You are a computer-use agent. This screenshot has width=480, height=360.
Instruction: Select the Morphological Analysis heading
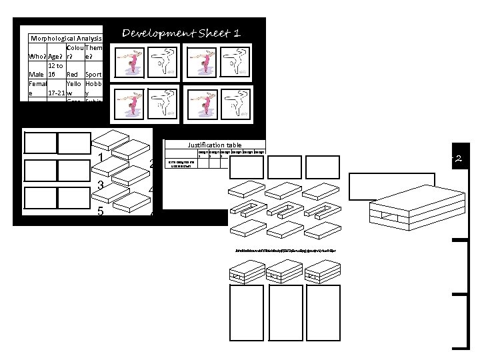(65, 39)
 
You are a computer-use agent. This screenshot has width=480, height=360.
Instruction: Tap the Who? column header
(37, 57)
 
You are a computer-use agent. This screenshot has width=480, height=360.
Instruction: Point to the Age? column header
(56, 57)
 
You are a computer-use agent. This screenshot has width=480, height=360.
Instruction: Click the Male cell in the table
(36, 75)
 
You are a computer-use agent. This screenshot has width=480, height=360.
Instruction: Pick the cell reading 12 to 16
(56, 70)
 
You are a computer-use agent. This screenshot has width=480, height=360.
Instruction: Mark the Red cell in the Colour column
(73, 75)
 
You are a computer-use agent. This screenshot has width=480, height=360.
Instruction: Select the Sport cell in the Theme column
(93, 75)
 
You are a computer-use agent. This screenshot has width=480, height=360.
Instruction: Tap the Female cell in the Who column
(37, 89)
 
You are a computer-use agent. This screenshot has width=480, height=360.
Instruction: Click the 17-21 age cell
(56, 93)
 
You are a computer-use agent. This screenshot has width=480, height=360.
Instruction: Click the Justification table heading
(215, 145)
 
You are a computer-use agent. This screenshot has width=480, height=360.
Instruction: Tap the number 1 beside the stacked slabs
(100, 158)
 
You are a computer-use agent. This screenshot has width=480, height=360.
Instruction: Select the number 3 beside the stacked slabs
(100, 185)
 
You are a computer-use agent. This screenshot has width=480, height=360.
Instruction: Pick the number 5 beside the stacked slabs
(100, 212)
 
